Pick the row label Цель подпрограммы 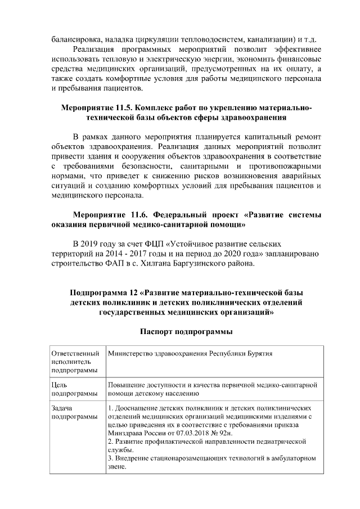[67, 389]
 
